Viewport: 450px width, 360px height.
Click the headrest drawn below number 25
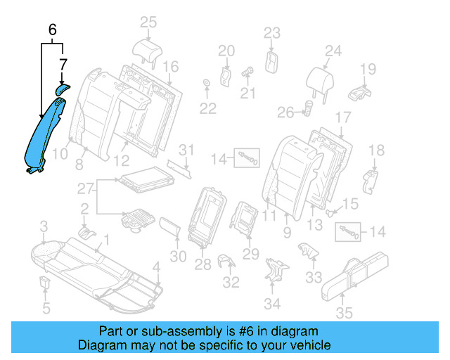click(x=147, y=50)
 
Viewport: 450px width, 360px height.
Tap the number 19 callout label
click(x=368, y=68)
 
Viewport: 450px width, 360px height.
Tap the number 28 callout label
click(x=203, y=264)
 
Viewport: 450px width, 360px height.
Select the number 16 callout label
click(x=171, y=66)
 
